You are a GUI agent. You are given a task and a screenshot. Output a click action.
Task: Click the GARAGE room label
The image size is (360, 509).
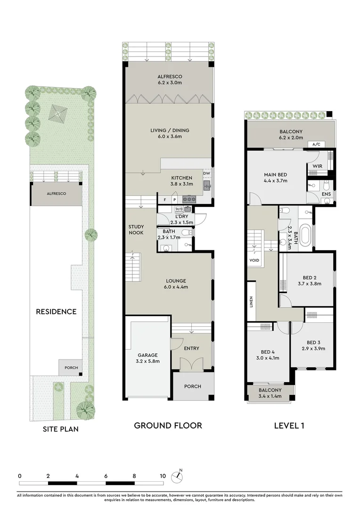tap(148, 355)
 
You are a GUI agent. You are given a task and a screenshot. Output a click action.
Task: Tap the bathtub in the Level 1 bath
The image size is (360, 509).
tap(305, 237)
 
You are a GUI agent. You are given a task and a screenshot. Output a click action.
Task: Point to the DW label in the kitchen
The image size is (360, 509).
tap(207, 173)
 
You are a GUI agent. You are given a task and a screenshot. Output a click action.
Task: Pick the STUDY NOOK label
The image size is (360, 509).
tap(136, 230)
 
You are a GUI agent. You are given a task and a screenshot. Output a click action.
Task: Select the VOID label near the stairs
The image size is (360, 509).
tap(254, 260)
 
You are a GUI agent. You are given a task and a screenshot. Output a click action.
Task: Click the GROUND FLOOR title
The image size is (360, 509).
tap(168, 426)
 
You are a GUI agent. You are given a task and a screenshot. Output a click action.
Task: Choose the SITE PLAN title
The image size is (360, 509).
tap(60, 429)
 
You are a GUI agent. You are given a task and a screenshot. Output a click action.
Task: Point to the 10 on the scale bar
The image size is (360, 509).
tap(163, 476)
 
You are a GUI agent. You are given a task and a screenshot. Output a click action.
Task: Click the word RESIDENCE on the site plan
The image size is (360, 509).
tap(56, 312)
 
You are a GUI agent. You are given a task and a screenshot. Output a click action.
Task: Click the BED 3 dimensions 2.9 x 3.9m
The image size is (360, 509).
tap(313, 349)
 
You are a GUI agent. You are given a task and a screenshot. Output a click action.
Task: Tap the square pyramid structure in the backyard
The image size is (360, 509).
tap(59, 113)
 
